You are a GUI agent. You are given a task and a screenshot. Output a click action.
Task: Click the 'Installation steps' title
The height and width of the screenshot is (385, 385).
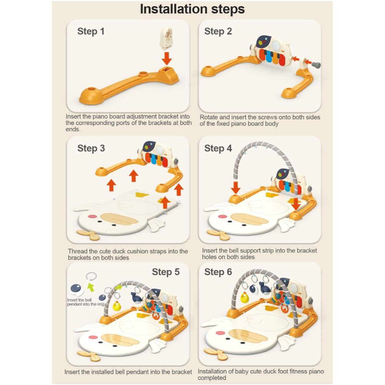[x=192, y=9]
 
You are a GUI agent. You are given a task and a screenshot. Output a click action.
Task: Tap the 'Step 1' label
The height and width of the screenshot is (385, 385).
[x=91, y=32]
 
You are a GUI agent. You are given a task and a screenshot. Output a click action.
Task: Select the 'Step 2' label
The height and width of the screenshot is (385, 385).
[x=218, y=32]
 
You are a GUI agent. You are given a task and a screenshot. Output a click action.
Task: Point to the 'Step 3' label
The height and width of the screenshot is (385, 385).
[x=91, y=148]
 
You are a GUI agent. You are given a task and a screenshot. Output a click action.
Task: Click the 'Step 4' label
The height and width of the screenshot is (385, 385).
[x=218, y=148]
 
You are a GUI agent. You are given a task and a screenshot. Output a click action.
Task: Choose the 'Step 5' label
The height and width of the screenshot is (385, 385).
[x=166, y=272]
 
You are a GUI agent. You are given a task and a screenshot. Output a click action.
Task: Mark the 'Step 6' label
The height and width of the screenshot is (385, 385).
[x=218, y=272]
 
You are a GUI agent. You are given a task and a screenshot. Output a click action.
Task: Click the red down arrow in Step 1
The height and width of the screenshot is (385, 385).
[x=167, y=58]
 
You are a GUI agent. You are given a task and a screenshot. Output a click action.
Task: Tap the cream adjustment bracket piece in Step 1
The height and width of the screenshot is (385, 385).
[x=166, y=38]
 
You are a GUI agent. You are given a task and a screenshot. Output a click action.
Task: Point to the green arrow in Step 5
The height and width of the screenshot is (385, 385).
[x=91, y=287]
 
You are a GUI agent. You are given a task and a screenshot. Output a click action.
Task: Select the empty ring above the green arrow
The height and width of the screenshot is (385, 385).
[x=91, y=277]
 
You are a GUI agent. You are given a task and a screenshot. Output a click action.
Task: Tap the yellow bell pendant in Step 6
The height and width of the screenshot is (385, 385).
[x=244, y=298]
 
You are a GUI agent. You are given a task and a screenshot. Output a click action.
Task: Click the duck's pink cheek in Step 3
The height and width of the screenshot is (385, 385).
[x=92, y=217]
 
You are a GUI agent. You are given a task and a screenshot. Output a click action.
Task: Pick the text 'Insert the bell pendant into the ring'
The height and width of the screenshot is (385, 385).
[x=86, y=302]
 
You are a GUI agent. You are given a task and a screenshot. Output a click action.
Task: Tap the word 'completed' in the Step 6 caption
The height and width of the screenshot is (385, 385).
[x=212, y=378]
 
